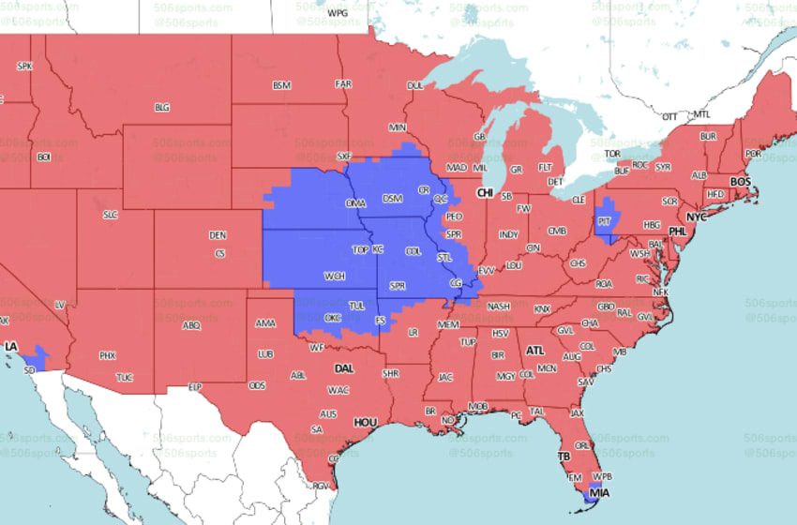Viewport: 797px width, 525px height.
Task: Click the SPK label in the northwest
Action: pyautogui.click(x=25, y=66)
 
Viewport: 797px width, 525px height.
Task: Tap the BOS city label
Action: pyautogui.click(x=741, y=181)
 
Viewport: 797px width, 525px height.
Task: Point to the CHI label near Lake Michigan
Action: pyautogui.click(x=485, y=193)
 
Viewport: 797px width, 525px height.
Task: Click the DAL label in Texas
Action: pyautogui.click(x=344, y=368)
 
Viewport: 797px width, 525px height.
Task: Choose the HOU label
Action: pyautogui.click(x=365, y=423)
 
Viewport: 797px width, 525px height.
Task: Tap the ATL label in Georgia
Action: pyautogui.click(x=535, y=351)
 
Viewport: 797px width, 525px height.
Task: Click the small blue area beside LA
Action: pyautogui.click(x=38, y=357)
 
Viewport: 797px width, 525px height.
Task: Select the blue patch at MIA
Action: pyautogui.click(x=593, y=496)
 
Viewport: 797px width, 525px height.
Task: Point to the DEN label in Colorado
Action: pyautogui.click(x=218, y=235)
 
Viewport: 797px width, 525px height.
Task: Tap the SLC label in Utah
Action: pyautogui.click(x=111, y=215)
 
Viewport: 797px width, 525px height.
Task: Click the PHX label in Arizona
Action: pyautogui.click(x=108, y=355)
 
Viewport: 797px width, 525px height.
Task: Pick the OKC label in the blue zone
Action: pyautogui.click(x=332, y=318)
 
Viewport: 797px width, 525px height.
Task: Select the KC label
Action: pyautogui.click(x=378, y=249)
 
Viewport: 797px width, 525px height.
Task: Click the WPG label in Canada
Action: pyautogui.click(x=338, y=13)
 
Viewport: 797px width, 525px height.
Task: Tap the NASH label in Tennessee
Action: pyautogui.click(x=499, y=306)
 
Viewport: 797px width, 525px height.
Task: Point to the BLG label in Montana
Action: pyautogui.click(x=162, y=108)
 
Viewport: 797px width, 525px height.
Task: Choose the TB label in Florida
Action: pyautogui.click(x=564, y=457)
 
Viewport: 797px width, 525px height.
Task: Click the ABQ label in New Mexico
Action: pyautogui.click(x=190, y=325)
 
